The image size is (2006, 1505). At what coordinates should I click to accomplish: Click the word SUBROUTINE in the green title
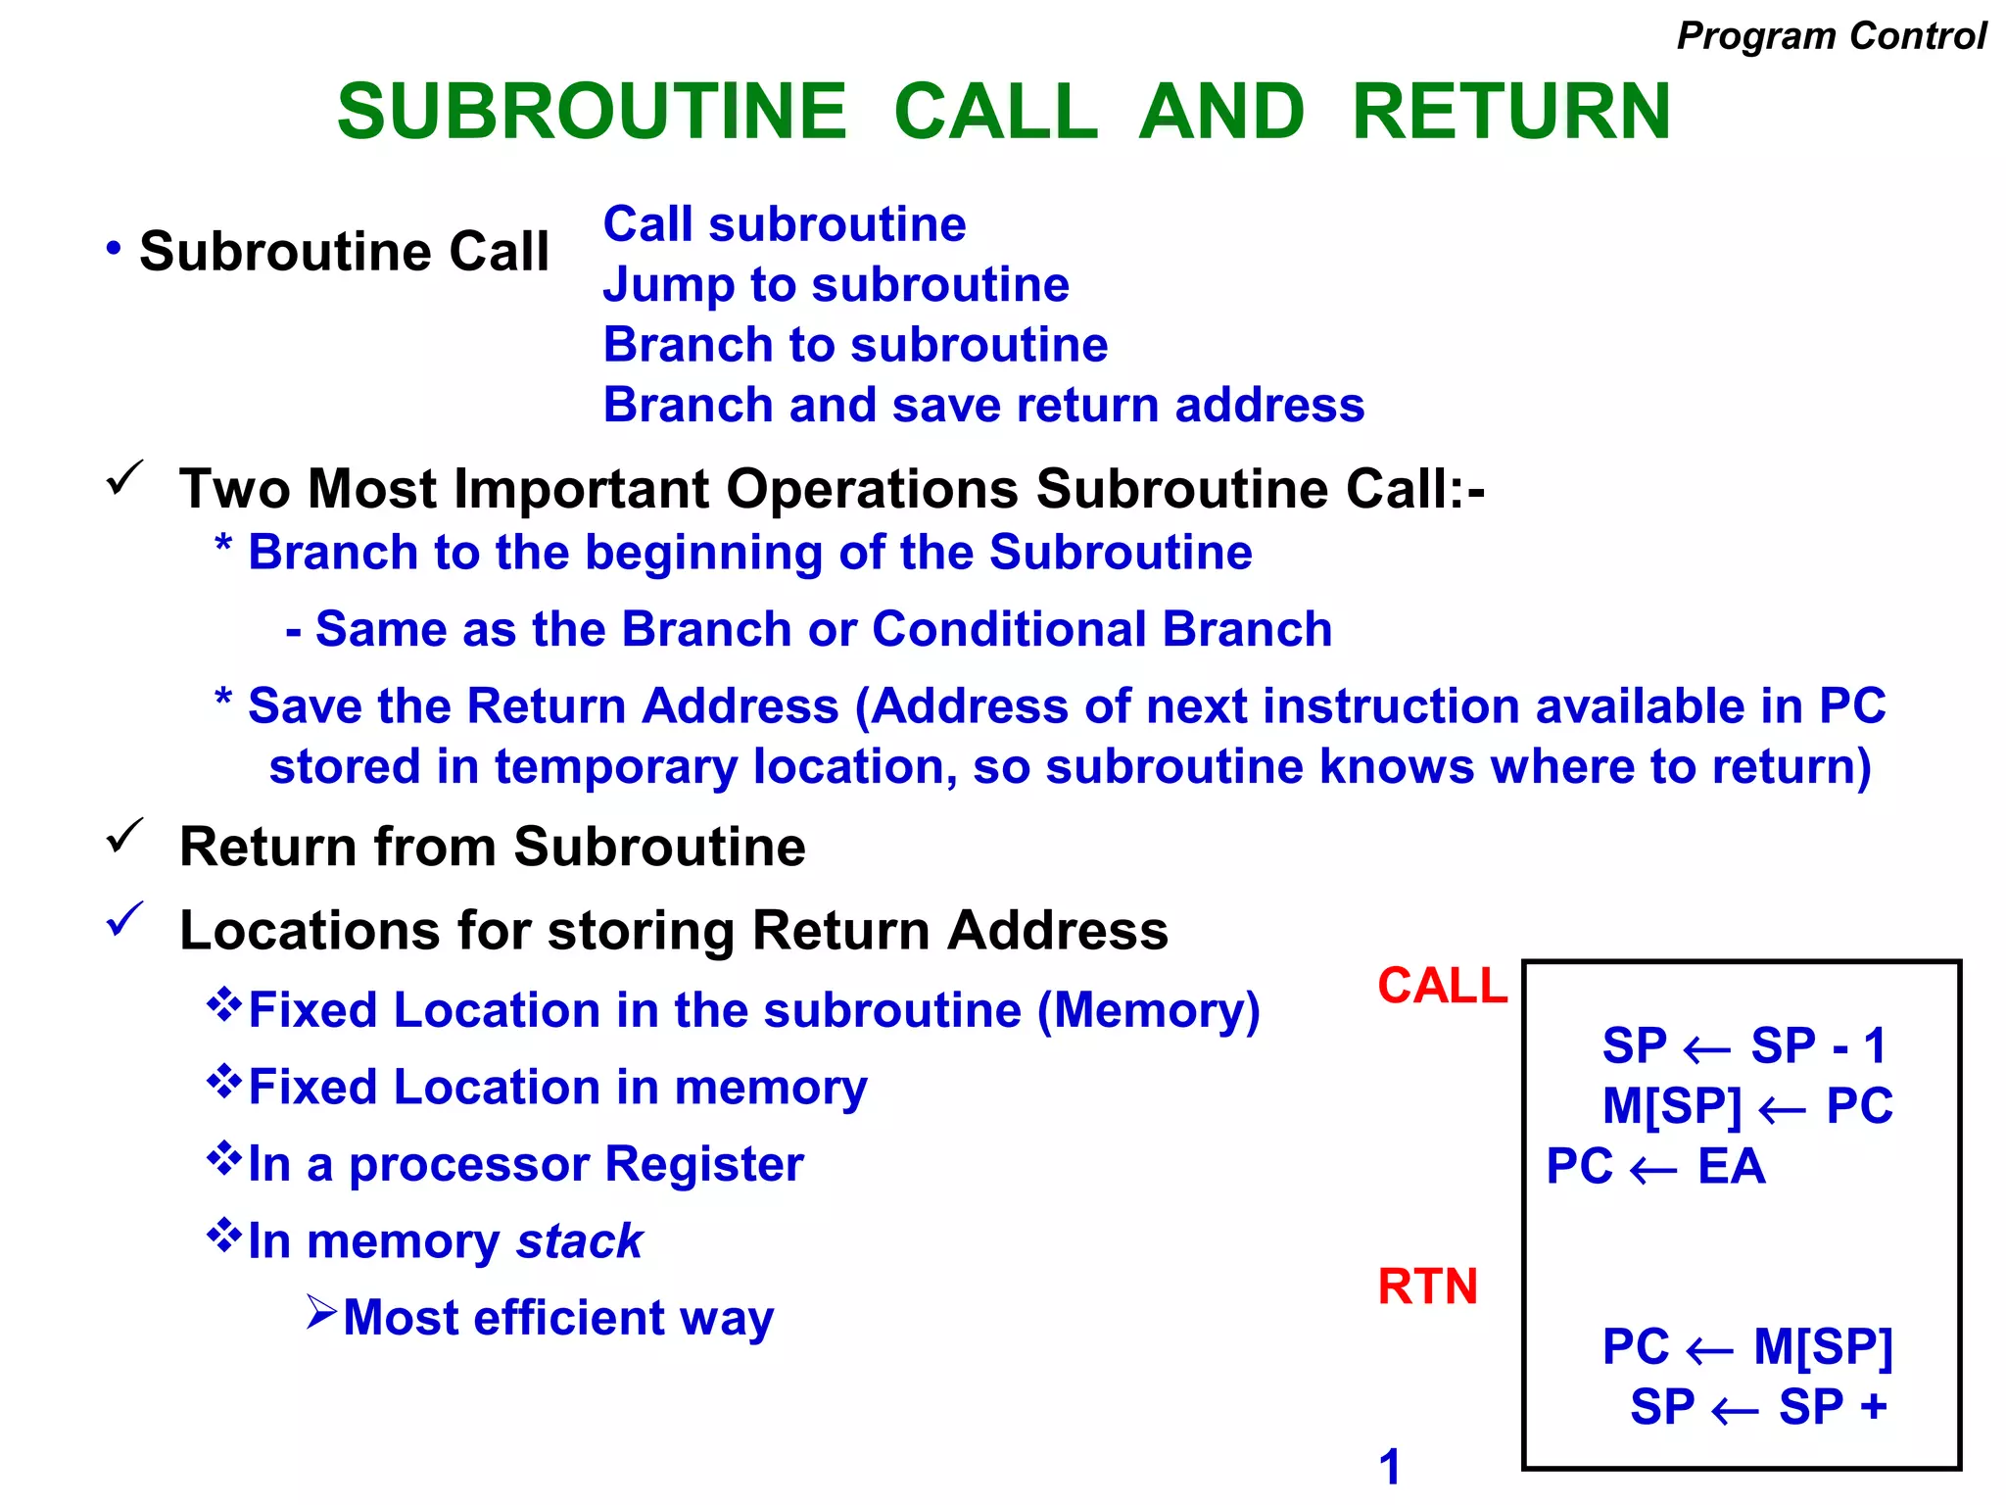coord(592,111)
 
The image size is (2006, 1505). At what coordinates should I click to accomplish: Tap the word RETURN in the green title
coord(1510,111)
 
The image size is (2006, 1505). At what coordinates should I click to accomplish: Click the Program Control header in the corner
coord(1831,35)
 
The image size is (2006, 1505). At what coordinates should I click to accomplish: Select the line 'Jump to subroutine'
coord(836,284)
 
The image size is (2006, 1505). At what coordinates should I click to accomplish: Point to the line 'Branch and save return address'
coord(983,405)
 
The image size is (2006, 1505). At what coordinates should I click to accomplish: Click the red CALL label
coord(1442,985)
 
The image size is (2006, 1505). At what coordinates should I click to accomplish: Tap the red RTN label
coord(1427,1286)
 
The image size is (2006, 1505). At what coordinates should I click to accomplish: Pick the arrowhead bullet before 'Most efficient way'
coord(321,1312)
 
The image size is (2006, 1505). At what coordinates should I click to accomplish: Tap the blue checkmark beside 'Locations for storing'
coord(125,919)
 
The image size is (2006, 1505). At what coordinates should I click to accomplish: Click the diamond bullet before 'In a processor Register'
coord(224,1158)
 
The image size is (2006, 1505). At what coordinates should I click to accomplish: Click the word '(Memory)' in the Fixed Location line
coord(1149,1009)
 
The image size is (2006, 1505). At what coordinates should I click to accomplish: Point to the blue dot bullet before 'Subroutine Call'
coord(115,248)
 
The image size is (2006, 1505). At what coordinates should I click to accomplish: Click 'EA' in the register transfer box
coord(1731,1166)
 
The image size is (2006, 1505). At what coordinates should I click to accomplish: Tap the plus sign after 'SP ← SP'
coord(1874,1407)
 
